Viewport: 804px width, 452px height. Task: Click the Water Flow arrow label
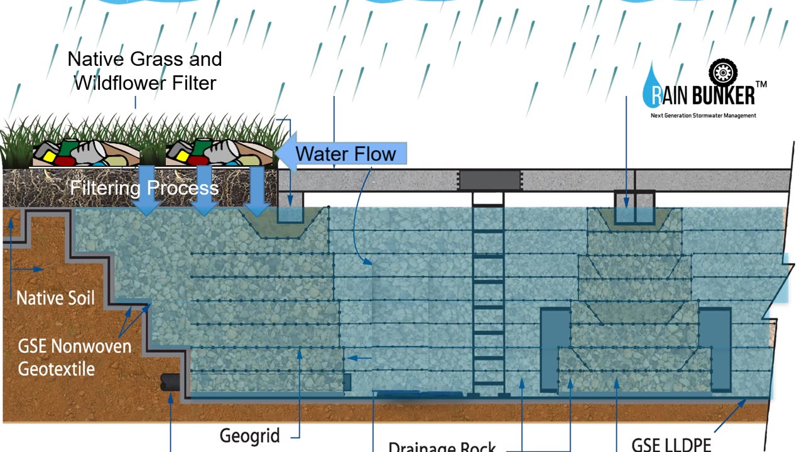pyautogui.click(x=345, y=154)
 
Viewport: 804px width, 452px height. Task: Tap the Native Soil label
pyautogui.click(x=55, y=297)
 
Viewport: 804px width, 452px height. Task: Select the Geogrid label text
pyautogui.click(x=249, y=435)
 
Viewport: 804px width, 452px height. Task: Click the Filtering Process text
pyautogui.click(x=144, y=188)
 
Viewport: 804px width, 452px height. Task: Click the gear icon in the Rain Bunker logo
pyautogui.click(x=722, y=72)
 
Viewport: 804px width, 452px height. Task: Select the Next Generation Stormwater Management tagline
pyautogui.click(x=703, y=116)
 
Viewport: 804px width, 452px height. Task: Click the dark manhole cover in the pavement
pyautogui.click(x=489, y=180)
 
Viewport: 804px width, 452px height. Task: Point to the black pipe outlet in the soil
pyautogui.click(x=169, y=382)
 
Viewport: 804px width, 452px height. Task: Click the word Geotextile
pyautogui.click(x=56, y=368)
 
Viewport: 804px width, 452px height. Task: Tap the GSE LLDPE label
pyautogui.click(x=671, y=444)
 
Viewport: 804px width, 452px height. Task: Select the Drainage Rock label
pyautogui.click(x=442, y=447)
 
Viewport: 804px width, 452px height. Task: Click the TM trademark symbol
pyautogui.click(x=760, y=84)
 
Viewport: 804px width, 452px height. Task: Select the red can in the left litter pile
pyautogui.click(x=65, y=160)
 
